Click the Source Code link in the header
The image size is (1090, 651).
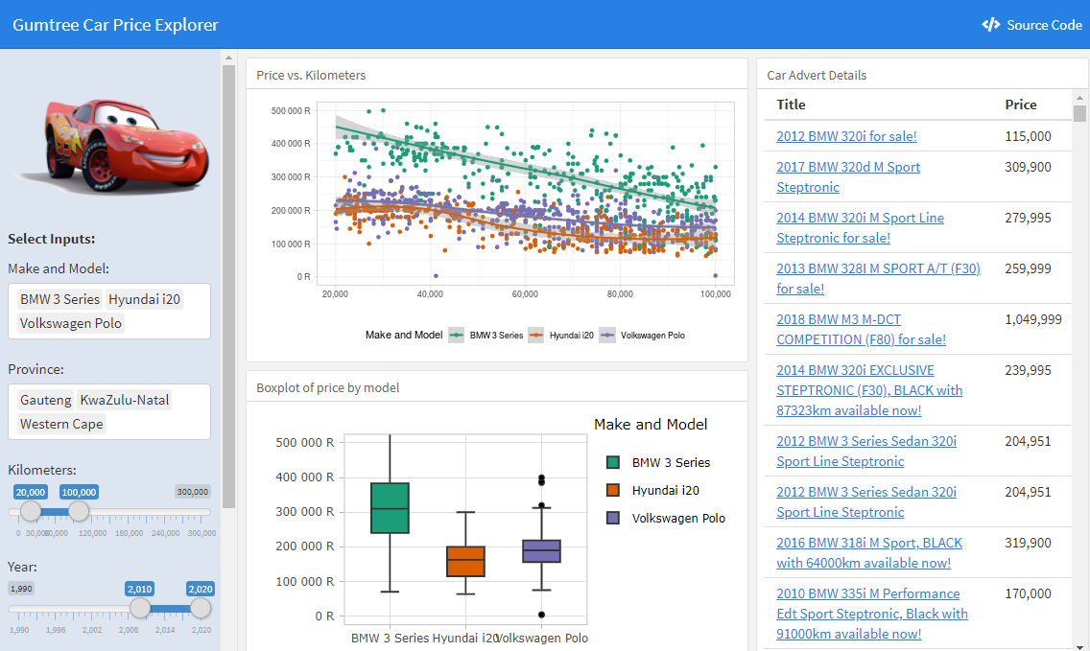(1031, 25)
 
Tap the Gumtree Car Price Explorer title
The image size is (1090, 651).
(115, 25)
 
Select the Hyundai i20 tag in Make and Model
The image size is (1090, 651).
(144, 299)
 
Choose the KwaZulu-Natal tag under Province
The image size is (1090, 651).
(125, 400)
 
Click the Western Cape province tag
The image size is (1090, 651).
(61, 424)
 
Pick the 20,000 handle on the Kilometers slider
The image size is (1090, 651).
(31, 511)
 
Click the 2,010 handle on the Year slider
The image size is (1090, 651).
(140, 608)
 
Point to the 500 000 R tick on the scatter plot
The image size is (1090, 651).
(291, 111)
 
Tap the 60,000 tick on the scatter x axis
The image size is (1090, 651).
(525, 294)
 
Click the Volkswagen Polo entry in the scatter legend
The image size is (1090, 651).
(642, 336)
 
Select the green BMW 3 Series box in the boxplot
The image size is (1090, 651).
(390, 508)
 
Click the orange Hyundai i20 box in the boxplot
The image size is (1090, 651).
(465, 562)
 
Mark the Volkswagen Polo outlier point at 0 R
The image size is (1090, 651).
(541, 615)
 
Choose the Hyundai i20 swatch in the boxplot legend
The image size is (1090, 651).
(613, 490)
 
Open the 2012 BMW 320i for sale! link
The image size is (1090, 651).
(846, 136)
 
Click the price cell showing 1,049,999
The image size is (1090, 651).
(1033, 319)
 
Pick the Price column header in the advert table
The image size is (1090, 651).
(1021, 105)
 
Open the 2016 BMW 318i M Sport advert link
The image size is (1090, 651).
(869, 553)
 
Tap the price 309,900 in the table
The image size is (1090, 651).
(1028, 168)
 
